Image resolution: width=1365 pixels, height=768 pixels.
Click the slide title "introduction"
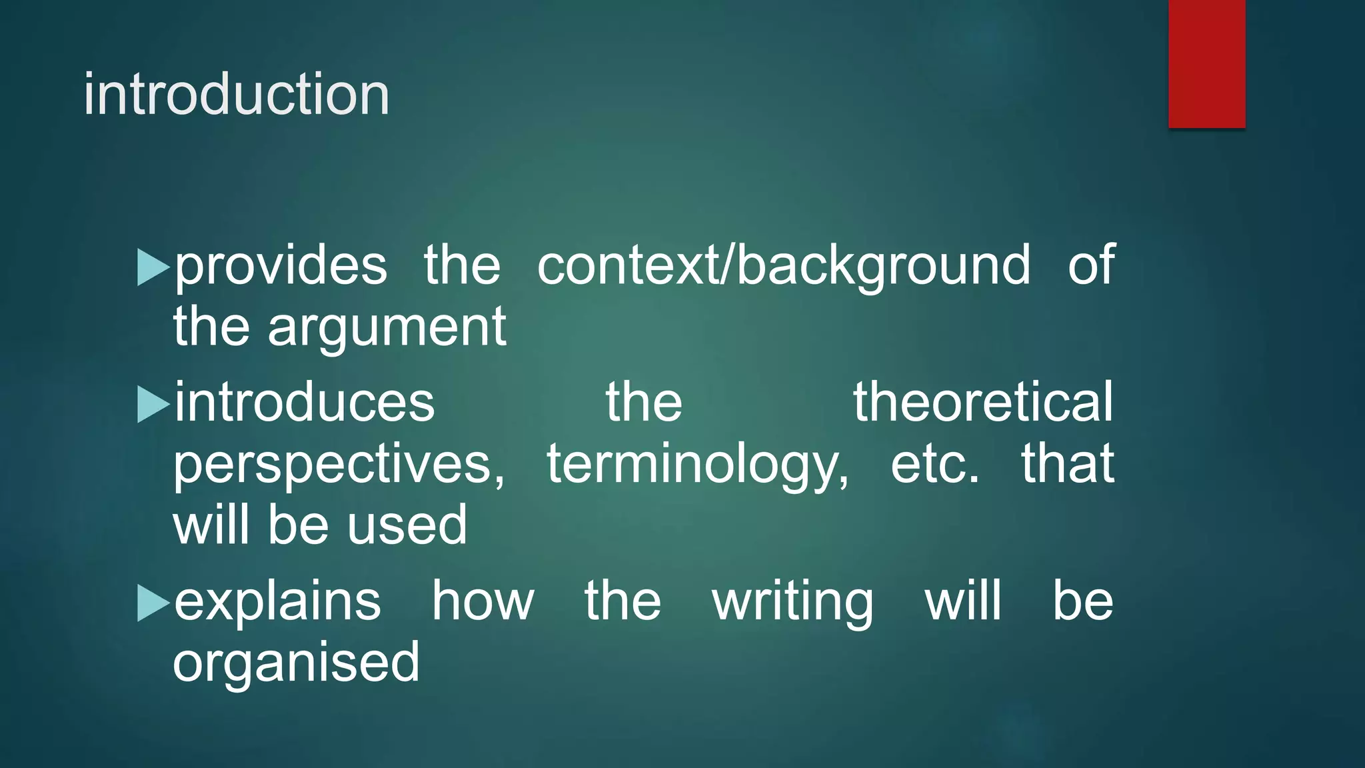coord(237,95)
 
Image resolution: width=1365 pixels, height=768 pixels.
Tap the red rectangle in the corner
coord(1206,64)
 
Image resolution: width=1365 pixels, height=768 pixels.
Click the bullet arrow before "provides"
coord(153,267)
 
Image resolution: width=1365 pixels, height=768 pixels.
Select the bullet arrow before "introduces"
coord(153,404)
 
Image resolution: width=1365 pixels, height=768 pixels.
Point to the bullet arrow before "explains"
coord(153,602)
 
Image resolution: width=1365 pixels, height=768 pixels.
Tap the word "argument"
coord(387,328)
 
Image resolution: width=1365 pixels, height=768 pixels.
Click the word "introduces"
coord(305,403)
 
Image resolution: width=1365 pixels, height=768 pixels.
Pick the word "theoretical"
coord(983,403)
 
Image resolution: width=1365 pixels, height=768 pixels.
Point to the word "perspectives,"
coord(339,465)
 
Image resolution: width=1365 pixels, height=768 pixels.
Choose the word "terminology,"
coord(698,465)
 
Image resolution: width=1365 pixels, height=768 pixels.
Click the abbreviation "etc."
coord(935,464)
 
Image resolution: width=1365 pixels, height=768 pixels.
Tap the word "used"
coord(407,525)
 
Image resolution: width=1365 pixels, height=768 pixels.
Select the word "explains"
coord(277,602)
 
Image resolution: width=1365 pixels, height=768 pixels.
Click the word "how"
coord(483,601)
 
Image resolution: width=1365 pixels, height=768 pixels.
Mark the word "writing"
coord(792,602)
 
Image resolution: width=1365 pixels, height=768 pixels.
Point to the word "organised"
coord(296,663)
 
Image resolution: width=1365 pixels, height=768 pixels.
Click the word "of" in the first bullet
coord(1091,265)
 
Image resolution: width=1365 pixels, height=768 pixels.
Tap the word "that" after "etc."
coord(1068,464)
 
